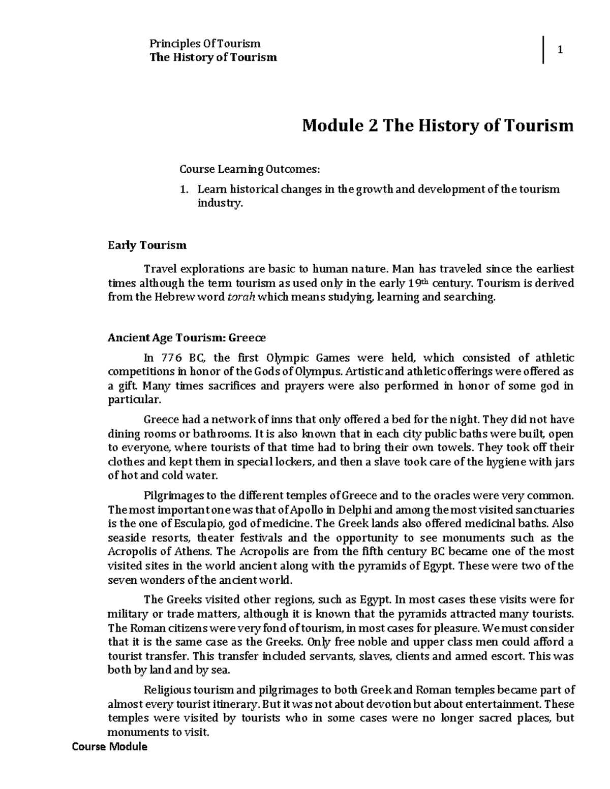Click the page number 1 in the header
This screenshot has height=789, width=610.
click(x=560, y=50)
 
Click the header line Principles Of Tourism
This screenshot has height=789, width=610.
click(x=204, y=44)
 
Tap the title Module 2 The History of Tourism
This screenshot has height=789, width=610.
click(x=437, y=125)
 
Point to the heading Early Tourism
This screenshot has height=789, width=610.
click(x=147, y=245)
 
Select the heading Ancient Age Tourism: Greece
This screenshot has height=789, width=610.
click(x=187, y=337)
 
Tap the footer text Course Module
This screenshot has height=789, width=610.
click(x=109, y=747)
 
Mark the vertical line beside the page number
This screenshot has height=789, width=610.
click(x=544, y=50)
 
